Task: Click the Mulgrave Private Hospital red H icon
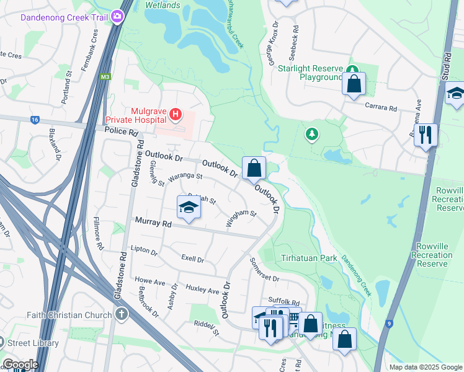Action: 176,114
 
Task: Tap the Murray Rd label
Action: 149,223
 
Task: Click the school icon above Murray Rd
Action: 189,208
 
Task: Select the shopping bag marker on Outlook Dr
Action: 254,168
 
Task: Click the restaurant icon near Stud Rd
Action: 426,135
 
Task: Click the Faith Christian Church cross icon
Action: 121,315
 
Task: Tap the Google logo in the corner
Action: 20,365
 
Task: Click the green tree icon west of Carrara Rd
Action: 311,134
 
